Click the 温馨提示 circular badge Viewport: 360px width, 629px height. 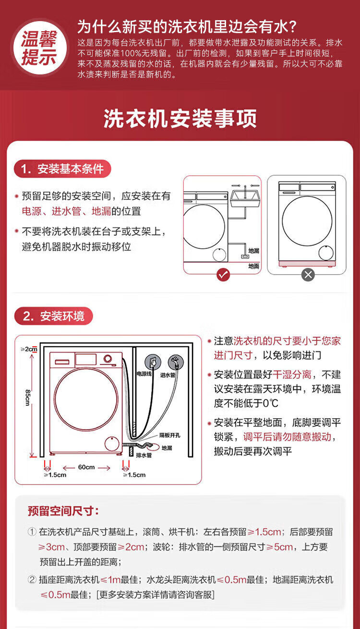39,48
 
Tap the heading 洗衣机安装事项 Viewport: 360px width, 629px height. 180,119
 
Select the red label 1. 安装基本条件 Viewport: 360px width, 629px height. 62,169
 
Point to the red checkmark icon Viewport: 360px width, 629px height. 223,275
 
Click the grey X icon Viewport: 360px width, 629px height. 308,275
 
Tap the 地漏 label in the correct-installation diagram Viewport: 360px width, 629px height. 253,251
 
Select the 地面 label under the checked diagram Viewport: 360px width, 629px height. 253,266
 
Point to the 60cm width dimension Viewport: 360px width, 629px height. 86,467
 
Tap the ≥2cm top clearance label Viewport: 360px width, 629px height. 29,349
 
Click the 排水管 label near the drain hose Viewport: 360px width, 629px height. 144,454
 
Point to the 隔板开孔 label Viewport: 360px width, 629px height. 169,435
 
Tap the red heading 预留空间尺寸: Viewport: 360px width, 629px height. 63,511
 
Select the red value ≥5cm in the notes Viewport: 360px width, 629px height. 279,547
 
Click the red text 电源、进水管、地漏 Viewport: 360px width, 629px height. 82,211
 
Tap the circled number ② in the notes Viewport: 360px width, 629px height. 33,580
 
